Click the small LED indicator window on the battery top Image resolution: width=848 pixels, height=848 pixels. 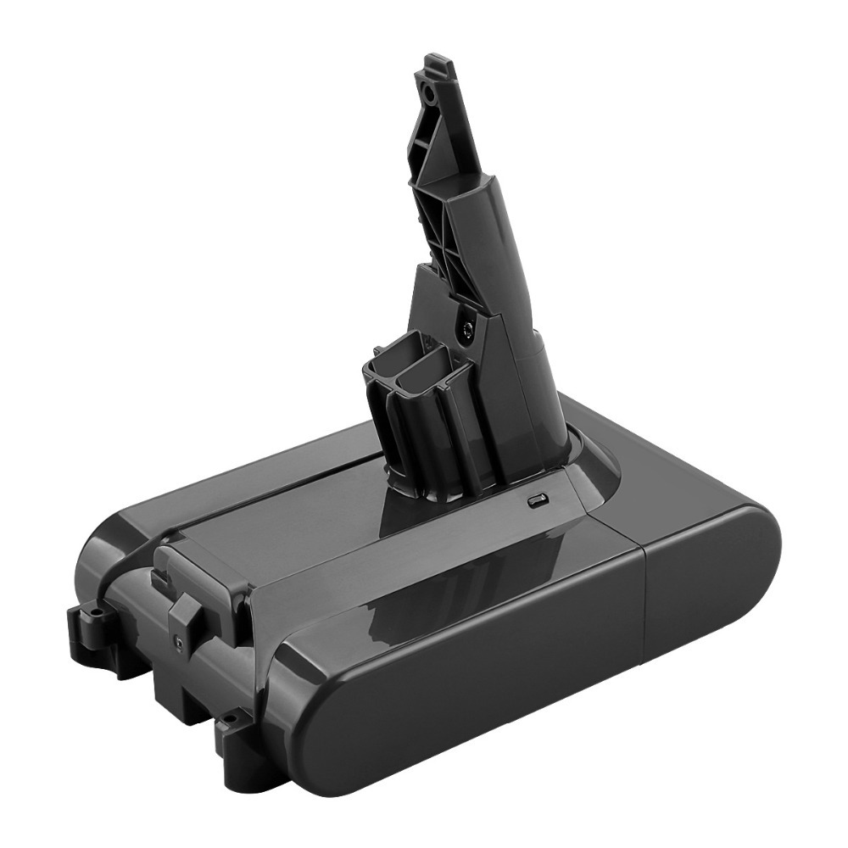535,502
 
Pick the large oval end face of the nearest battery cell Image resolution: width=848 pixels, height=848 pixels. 399,729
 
